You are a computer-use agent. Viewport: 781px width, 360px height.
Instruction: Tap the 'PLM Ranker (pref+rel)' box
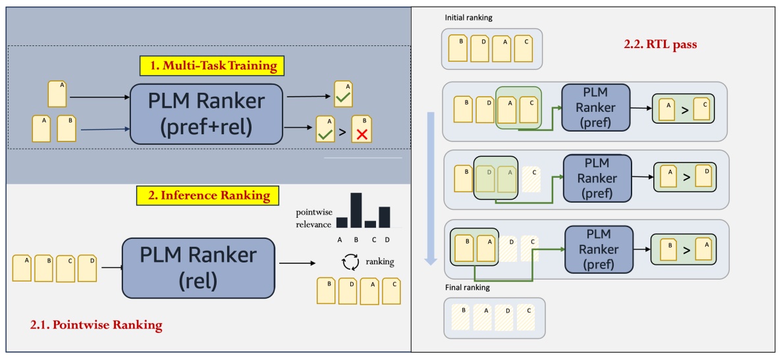click(206, 113)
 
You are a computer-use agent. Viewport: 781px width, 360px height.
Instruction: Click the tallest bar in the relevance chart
click(356, 210)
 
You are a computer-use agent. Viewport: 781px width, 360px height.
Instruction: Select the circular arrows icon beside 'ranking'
click(350, 263)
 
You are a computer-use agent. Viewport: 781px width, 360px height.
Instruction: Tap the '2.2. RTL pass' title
click(659, 45)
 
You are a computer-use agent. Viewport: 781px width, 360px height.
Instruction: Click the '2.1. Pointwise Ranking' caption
click(96, 324)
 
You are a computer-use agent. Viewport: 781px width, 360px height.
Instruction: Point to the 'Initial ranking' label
click(468, 18)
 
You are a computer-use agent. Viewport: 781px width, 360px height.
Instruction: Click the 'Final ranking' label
click(467, 288)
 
